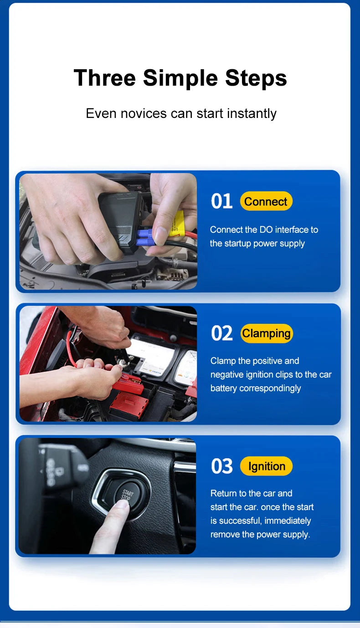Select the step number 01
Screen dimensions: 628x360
(222, 201)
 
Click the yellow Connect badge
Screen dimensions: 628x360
(266, 201)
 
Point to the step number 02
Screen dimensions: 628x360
(222, 333)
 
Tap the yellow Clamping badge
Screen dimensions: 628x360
(266, 333)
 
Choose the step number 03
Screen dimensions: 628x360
(222, 466)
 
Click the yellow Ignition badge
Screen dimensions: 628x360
(266, 466)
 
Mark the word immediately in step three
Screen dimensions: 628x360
(288, 521)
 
